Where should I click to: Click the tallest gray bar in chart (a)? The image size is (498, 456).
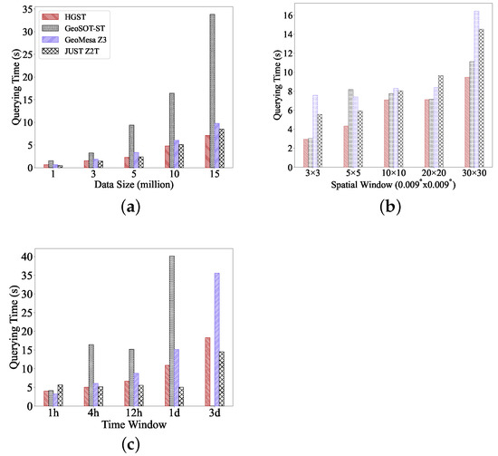click(211, 91)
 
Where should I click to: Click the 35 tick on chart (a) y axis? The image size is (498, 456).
click(29, 10)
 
